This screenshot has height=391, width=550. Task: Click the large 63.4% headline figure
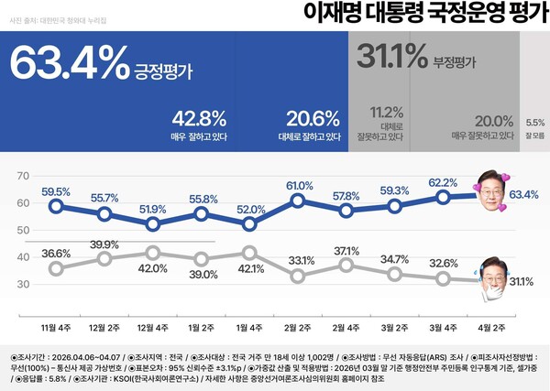coord(69,63)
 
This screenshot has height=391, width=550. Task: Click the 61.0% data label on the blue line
coord(297,186)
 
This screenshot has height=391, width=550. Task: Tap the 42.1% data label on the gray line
coord(247,268)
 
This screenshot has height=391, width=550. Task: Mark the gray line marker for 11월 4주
coord(56,268)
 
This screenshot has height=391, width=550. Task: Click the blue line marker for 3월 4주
coord(444,196)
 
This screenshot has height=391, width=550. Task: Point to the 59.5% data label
coord(56,191)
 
